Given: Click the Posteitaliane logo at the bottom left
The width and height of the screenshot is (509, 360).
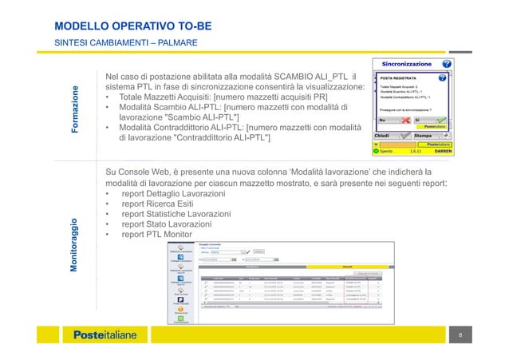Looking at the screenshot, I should click(x=105, y=335).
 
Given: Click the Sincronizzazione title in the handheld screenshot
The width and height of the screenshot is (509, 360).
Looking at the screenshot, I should click(x=406, y=63).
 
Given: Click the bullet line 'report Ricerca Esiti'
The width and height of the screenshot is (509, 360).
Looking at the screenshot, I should click(x=160, y=204).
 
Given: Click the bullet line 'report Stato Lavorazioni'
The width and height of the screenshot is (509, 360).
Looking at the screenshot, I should click(x=166, y=224).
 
